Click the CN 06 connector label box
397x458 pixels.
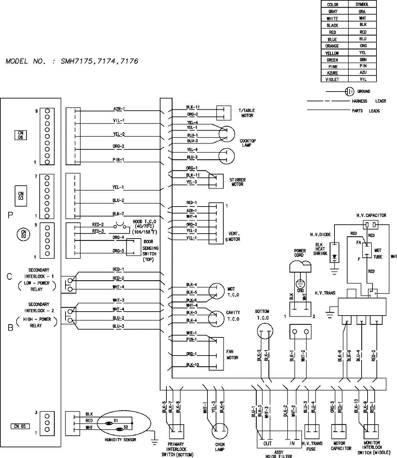click(21, 135)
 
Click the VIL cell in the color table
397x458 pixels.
click(363, 79)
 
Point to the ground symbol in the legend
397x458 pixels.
click(349, 91)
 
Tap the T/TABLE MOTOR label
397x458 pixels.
click(247, 113)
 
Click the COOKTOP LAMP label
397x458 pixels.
click(247, 143)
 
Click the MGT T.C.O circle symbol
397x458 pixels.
click(216, 291)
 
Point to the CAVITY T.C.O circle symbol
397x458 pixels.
click(216, 318)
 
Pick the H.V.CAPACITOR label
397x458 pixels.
click(371, 215)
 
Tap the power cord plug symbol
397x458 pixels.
click(300, 266)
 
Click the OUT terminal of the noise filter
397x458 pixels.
click(267, 443)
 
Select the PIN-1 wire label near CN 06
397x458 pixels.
click(118, 160)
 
